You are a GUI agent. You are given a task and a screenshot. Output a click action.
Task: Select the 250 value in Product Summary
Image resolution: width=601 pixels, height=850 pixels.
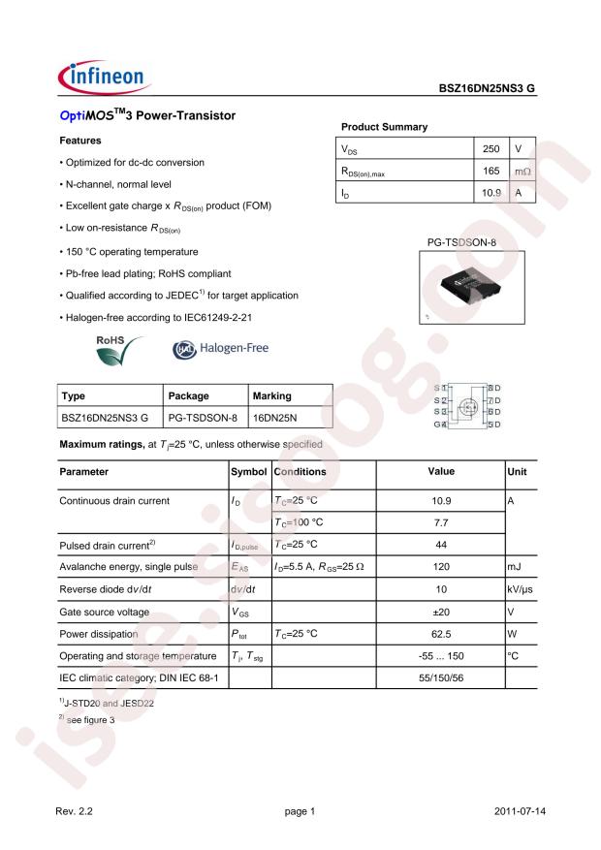(x=491, y=150)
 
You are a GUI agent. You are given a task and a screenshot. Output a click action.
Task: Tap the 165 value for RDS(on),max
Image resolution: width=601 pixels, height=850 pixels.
(x=491, y=172)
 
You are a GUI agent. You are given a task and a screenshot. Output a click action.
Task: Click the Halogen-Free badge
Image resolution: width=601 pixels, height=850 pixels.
(x=220, y=348)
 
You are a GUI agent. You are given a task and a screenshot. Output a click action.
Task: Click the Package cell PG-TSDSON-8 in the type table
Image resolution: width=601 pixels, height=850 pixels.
(x=203, y=417)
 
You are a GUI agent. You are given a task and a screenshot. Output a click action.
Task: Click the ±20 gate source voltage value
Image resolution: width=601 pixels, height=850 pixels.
(x=441, y=612)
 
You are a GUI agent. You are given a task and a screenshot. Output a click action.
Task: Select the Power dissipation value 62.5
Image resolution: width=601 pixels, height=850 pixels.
(x=441, y=635)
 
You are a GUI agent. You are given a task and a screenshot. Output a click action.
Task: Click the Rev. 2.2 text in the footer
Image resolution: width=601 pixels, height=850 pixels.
(x=76, y=810)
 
